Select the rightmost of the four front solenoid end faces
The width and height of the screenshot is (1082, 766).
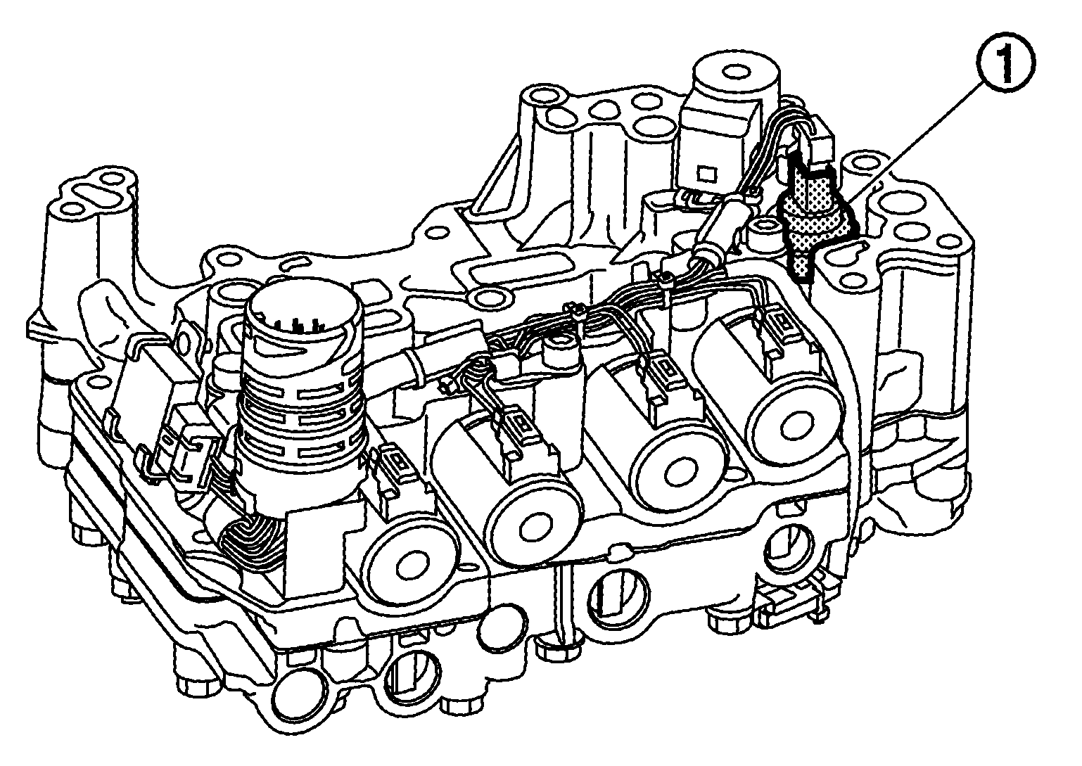tap(796, 425)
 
